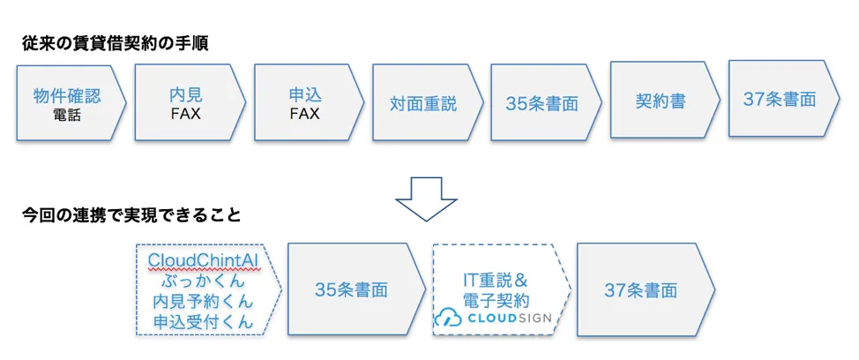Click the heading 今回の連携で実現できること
point(131,214)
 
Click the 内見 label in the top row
point(185,95)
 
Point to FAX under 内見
point(185,114)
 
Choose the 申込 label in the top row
point(304,95)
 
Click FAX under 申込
point(304,114)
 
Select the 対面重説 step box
point(423,104)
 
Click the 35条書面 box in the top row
point(542,104)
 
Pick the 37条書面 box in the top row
point(779,99)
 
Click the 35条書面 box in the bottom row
point(350,290)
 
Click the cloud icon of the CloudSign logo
point(448,319)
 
